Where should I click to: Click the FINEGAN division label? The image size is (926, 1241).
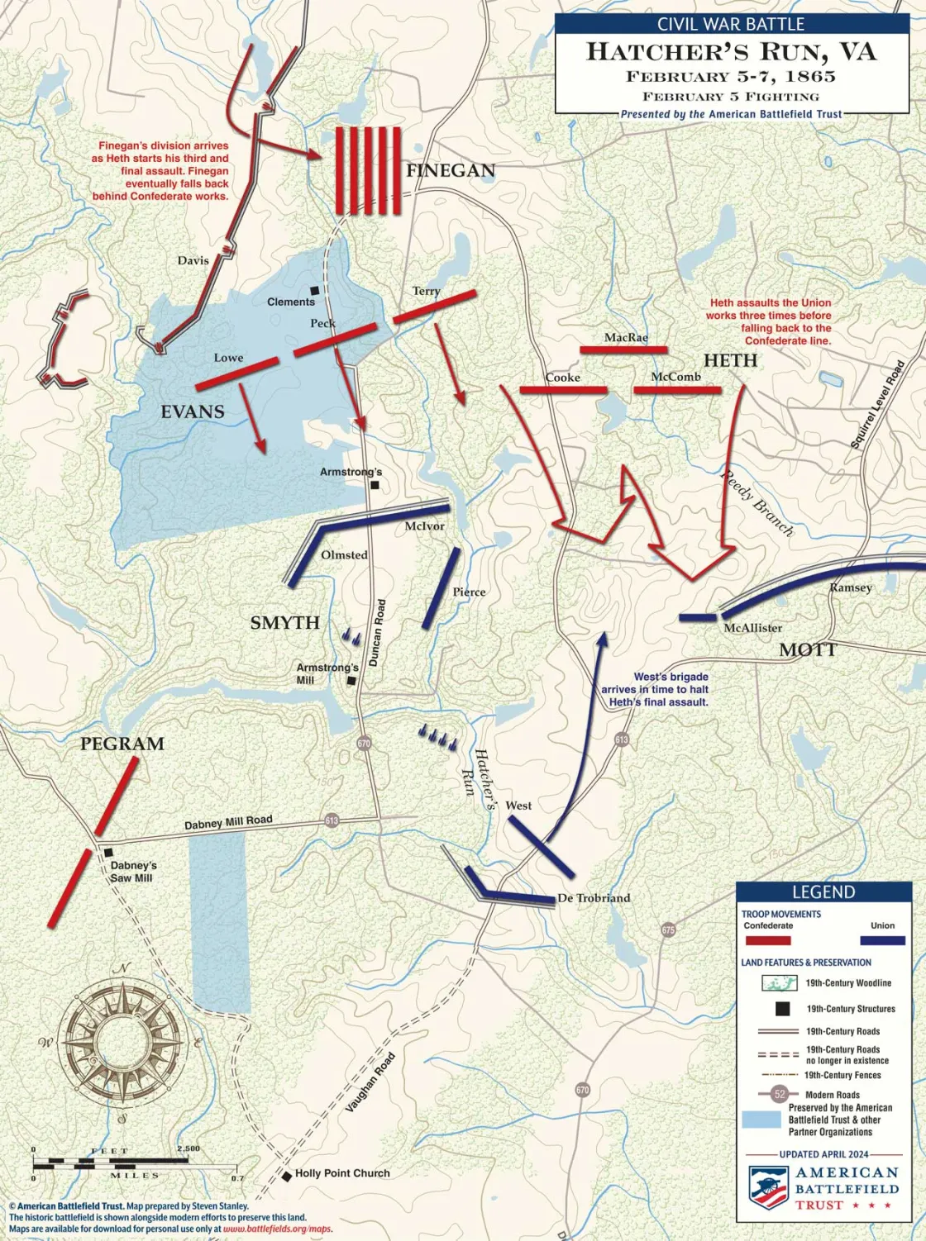(451, 171)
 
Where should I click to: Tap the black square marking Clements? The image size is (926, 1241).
(314, 291)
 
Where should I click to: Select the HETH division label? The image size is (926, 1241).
(730, 360)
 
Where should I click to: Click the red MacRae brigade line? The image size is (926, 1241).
(623, 350)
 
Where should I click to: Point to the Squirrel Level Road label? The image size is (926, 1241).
(877, 405)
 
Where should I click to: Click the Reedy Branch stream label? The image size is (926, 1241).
(757, 503)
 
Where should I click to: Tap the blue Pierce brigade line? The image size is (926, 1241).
(441, 587)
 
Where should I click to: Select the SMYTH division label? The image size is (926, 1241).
(284, 623)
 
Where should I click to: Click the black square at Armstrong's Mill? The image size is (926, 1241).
(351, 682)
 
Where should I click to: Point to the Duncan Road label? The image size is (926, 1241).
(377, 633)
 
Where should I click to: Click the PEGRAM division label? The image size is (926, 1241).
(122, 744)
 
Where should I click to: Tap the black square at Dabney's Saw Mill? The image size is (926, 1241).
(108, 852)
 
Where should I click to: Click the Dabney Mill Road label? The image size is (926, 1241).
(228, 823)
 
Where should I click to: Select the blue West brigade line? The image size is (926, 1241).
(541, 846)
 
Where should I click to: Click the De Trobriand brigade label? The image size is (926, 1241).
(594, 898)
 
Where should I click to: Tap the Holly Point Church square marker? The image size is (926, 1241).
(287, 1175)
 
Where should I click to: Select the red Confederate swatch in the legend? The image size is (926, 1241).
(767, 940)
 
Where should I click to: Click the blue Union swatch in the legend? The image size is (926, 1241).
(882, 940)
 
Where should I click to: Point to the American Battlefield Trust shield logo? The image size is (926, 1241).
(768, 1187)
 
